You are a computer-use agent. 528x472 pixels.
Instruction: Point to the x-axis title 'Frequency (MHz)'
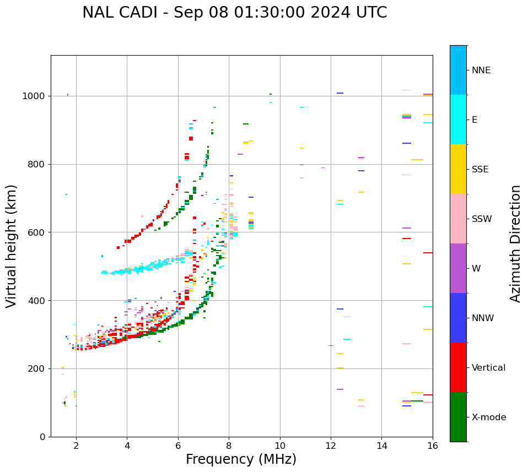click(x=241, y=459)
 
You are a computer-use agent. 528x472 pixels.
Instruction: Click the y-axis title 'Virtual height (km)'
click(x=12, y=246)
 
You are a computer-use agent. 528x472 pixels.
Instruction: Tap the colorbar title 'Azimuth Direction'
click(x=515, y=243)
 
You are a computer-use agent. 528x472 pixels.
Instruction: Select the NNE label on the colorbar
click(x=481, y=70)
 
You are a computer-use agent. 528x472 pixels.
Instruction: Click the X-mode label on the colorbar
click(x=488, y=417)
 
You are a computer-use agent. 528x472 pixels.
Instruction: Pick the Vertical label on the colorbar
click(x=488, y=368)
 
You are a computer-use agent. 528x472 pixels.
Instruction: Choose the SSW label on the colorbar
click(x=482, y=219)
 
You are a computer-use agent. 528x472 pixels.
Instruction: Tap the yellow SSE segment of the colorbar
click(x=458, y=169)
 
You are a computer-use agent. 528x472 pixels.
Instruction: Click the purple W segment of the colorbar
click(x=458, y=268)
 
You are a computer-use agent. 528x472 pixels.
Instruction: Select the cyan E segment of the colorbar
click(x=458, y=120)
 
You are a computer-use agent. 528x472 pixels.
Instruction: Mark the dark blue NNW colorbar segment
click(x=458, y=318)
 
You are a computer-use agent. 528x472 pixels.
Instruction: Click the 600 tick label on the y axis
click(x=38, y=232)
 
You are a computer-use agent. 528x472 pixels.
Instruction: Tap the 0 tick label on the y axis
click(x=43, y=437)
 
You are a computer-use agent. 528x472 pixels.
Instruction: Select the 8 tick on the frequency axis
click(x=229, y=446)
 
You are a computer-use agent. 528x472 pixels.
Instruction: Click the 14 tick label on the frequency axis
click(x=381, y=446)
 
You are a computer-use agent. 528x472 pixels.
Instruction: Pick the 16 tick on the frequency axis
click(x=432, y=446)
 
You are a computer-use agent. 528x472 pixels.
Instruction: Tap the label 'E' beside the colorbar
click(x=475, y=120)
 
